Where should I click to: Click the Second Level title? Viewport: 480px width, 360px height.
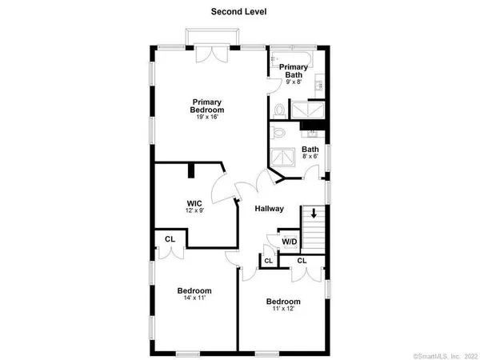239,11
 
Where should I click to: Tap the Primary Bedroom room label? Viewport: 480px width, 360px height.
206,106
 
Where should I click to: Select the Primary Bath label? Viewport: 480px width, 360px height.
294,72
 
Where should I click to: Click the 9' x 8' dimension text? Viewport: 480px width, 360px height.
293,81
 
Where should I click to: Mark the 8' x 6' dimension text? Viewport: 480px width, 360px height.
310,158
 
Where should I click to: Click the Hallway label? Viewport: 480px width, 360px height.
269,210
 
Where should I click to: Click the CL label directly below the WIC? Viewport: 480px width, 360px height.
170,238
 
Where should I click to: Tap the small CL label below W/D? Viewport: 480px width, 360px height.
268,260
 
